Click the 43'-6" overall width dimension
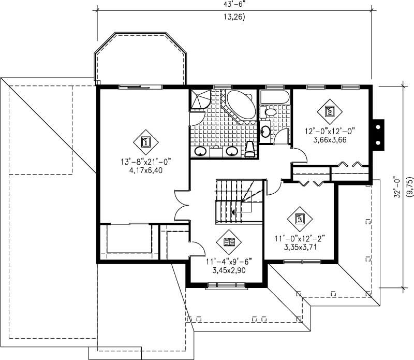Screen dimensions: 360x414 pyautogui.click(x=234, y=4)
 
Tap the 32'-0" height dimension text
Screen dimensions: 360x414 pyautogui.click(x=397, y=185)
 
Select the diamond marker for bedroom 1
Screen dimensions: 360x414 pyautogui.click(x=145, y=141)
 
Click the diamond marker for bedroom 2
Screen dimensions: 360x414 pyautogui.click(x=329, y=110)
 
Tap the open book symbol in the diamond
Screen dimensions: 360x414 pyautogui.click(x=229, y=241)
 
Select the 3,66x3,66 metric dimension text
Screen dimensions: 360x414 pyautogui.click(x=329, y=139)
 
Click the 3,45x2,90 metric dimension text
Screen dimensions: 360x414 pyautogui.click(x=229, y=270)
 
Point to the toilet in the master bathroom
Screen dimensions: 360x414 pyautogui.click(x=249, y=149)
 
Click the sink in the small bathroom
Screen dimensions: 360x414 pyautogui.click(x=265, y=131)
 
